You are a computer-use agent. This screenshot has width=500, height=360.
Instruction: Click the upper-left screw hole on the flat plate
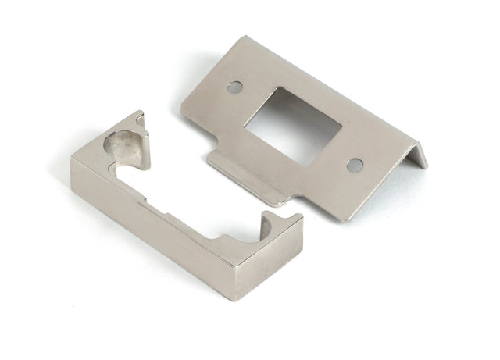[x=234, y=87]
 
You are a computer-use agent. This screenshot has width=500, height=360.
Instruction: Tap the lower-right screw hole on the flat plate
[x=354, y=165]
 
